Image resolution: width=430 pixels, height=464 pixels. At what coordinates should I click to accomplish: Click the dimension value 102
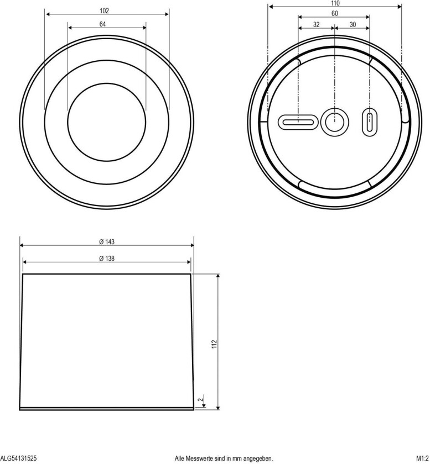click(105, 10)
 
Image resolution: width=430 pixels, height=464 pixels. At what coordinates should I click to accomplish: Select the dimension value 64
click(103, 24)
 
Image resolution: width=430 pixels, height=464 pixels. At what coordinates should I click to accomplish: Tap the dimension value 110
click(335, 3)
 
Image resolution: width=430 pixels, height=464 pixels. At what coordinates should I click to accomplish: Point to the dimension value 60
click(335, 14)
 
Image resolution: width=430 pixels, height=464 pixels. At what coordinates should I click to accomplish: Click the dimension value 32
click(316, 24)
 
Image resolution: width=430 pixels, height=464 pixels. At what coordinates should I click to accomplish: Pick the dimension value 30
click(353, 24)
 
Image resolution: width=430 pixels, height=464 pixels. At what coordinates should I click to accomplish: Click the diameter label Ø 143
click(106, 242)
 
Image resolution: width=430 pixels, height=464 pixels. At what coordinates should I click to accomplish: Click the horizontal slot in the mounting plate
click(298, 122)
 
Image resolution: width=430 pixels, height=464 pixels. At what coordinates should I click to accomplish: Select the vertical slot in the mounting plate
click(369, 122)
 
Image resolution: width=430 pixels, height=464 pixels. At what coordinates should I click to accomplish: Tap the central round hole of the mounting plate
click(334, 122)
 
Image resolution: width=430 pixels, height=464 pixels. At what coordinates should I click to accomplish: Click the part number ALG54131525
click(19, 458)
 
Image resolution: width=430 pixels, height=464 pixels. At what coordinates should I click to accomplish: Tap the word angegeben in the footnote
click(256, 458)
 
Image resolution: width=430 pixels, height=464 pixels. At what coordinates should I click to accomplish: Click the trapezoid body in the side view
click(106, 340)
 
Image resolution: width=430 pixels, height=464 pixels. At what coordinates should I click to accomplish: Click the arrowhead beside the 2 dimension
click(205, 406)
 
